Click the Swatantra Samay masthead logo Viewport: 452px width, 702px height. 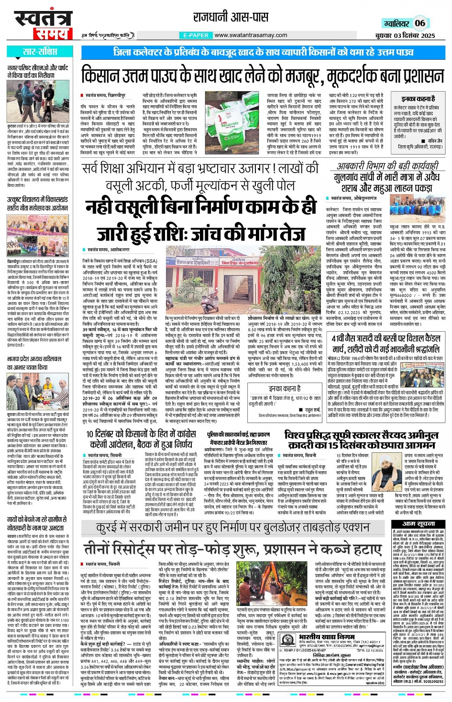tap(41, 25)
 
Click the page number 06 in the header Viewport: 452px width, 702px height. tap(420, 23)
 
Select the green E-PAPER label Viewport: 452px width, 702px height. tap(196, 35)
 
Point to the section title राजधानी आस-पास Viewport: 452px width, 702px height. tap(231, 18)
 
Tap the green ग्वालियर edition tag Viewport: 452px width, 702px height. tap(396, 23)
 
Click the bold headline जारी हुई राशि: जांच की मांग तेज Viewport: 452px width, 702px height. tap(201, 233)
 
